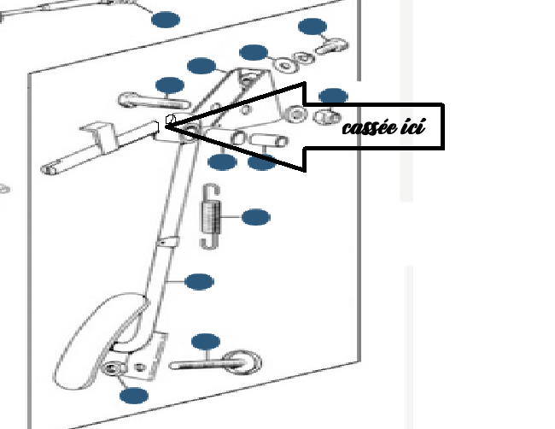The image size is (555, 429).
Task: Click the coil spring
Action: click(210, 216)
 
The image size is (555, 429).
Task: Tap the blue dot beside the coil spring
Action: click(255, 217)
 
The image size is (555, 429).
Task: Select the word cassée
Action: click(371, 129)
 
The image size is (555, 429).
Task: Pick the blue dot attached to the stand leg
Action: click(199, 281)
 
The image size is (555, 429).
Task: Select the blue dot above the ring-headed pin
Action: click(206, 343)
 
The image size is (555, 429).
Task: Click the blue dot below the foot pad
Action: click(134, 395)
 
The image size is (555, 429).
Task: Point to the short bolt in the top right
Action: click(329, 48)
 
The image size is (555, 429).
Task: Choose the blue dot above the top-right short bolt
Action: click(313, 26)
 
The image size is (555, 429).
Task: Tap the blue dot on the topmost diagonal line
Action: click(166, 20)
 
